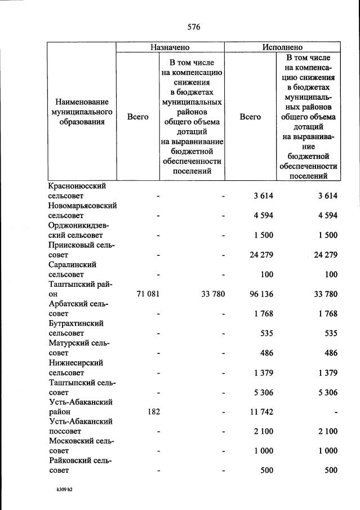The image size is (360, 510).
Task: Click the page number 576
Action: [x=194, y=27]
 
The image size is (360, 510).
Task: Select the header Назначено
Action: [x=170, y=48]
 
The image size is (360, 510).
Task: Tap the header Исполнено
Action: [x=282, y=48]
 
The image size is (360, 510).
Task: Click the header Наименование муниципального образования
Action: [x=81, y=117]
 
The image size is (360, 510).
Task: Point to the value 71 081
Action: [x=149, y=294]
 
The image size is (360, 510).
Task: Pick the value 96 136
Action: [x=261, y=294]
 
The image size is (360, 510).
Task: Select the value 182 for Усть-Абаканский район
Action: [x=153, y=411]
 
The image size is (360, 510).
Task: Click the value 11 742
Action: [x=261, y=411]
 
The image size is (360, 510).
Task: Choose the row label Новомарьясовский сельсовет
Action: [x=82, y=210]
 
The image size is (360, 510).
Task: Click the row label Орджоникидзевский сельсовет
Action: [x=79, y=230]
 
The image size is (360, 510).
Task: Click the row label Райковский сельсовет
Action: [x=77, y=465]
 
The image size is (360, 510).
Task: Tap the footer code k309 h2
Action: [x=61, y=490]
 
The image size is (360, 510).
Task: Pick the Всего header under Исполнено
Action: [x=250, y=117]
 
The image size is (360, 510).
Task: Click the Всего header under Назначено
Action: [x=137, y=117]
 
